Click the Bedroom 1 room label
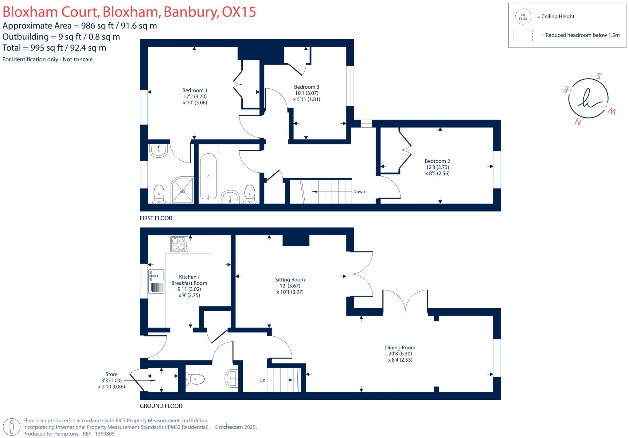(x=195, y=90)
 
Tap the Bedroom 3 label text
(x=307, y=87)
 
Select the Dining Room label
(x=400, y=348)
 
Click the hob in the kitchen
(x=179, y=244)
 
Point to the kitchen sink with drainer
(x=157, y=281)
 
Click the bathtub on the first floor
(x=209, y=176)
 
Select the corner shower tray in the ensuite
(x=182, y=190)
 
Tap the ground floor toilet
(x=196, y=379)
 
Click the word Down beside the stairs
(x=359, y=192)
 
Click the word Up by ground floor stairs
(x=262, y=380)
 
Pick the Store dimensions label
(x=111, y=381)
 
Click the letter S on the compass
(x=598, y=76)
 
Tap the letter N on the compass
(x=578, y=122)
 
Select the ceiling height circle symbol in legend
(x=523, y=17)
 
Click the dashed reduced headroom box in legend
(x=523, y=35)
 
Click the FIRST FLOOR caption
(x=156, y=218)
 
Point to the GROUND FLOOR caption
(x=161, y=406)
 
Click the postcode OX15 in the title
(x=239, y=12)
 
